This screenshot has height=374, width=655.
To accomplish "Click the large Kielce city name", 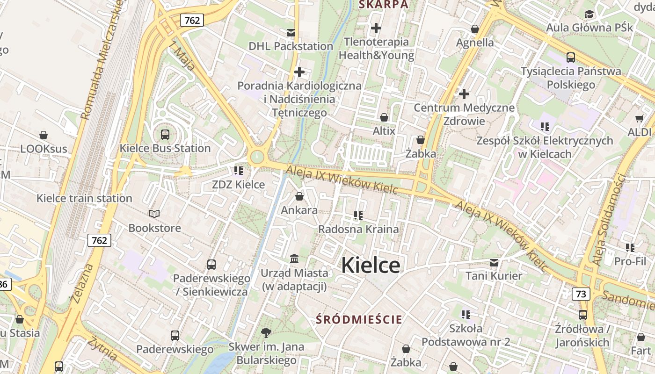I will [x=371, y=266].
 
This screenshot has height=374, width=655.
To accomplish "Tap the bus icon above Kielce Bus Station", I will [x=165, y=135].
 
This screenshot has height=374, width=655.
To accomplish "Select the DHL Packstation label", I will [x=291, y=46].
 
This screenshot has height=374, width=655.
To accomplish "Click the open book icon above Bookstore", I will [x=154, y=214].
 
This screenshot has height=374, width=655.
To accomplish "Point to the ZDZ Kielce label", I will [x=238, y=185].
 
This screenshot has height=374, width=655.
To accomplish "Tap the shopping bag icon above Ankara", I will [x=299, y=196].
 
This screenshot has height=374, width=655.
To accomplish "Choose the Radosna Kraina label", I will [x=358, y=229].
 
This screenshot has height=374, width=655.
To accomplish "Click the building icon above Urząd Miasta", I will [x=294, y=259].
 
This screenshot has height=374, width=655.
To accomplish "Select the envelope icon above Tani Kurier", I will [x=494, y=262].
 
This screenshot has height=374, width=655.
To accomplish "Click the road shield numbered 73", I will [x=581, y=294].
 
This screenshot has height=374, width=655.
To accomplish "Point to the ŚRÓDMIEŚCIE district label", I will [x=359, y=320].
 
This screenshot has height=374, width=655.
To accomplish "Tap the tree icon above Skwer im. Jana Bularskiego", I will [x=266, y=333].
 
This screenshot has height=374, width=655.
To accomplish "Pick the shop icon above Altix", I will [x=384, y=117].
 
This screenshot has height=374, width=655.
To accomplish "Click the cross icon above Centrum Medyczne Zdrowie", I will [x=464, y=94].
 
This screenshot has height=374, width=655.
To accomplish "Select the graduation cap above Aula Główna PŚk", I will [x=589, y=14].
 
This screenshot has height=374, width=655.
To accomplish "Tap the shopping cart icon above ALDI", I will [x=640, y=118].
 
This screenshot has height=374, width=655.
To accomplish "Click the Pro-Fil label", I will [x=630, y=261].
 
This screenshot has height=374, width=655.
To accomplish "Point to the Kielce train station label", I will [x=84, y=198].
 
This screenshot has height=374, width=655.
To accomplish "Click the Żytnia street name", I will [x=102, y=349].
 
